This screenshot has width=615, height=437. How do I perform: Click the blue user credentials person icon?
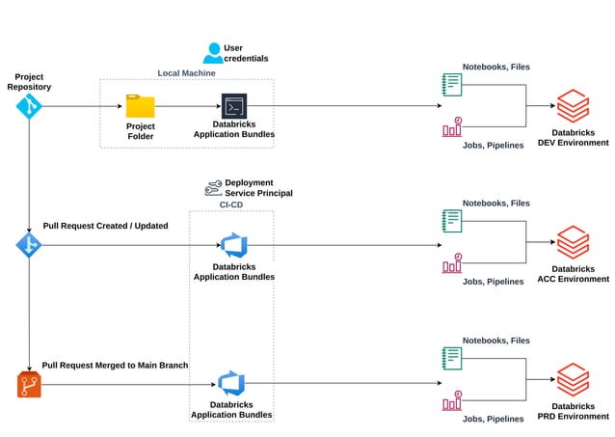(212, 53)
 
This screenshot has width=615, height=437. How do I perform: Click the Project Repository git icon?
(29, 106)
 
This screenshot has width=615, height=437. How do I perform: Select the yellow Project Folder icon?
(140, 106)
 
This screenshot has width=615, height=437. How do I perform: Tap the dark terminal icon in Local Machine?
(234, 106)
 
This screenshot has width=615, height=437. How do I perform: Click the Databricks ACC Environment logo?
(573, 242)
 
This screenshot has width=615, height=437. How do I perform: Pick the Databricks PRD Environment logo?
(573, 379)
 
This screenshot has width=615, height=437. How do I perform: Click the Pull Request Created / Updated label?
(105, 226)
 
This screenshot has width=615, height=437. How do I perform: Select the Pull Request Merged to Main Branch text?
(115, 366)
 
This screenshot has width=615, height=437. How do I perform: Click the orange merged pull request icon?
(29, 385)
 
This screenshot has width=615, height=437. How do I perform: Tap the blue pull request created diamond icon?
(29, 245)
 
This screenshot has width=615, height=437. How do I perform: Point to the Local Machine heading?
(186, 73)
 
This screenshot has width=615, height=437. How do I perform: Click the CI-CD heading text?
(231, 204)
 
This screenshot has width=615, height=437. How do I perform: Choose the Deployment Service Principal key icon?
(213, 188)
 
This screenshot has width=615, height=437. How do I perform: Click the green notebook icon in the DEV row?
(451, 84)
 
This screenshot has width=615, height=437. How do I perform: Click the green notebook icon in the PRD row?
(451, 358)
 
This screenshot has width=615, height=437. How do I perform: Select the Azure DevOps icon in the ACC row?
(234, 245)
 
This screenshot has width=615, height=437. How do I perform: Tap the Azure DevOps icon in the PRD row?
(231, 383)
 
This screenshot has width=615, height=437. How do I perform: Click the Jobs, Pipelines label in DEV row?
(493, 146)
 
